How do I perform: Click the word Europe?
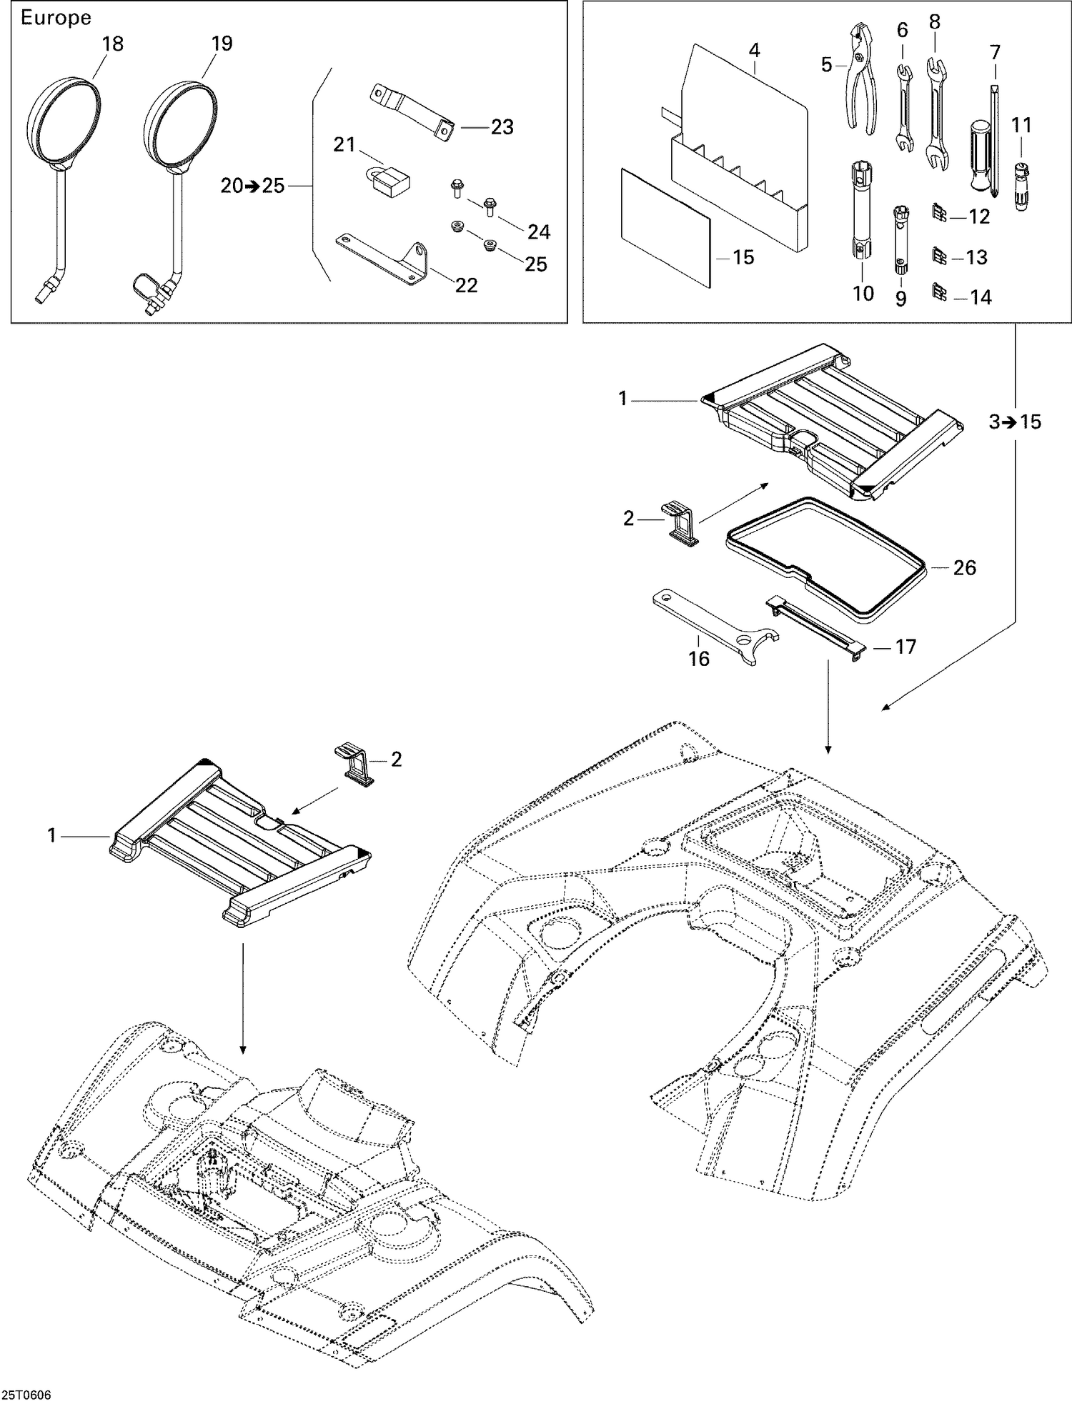pos(56,18)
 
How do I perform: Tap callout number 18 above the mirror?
pos(112,44)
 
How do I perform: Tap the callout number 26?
pos(964,567)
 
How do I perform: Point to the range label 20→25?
pos(253,186)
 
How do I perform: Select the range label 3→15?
pos(1015,422)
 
